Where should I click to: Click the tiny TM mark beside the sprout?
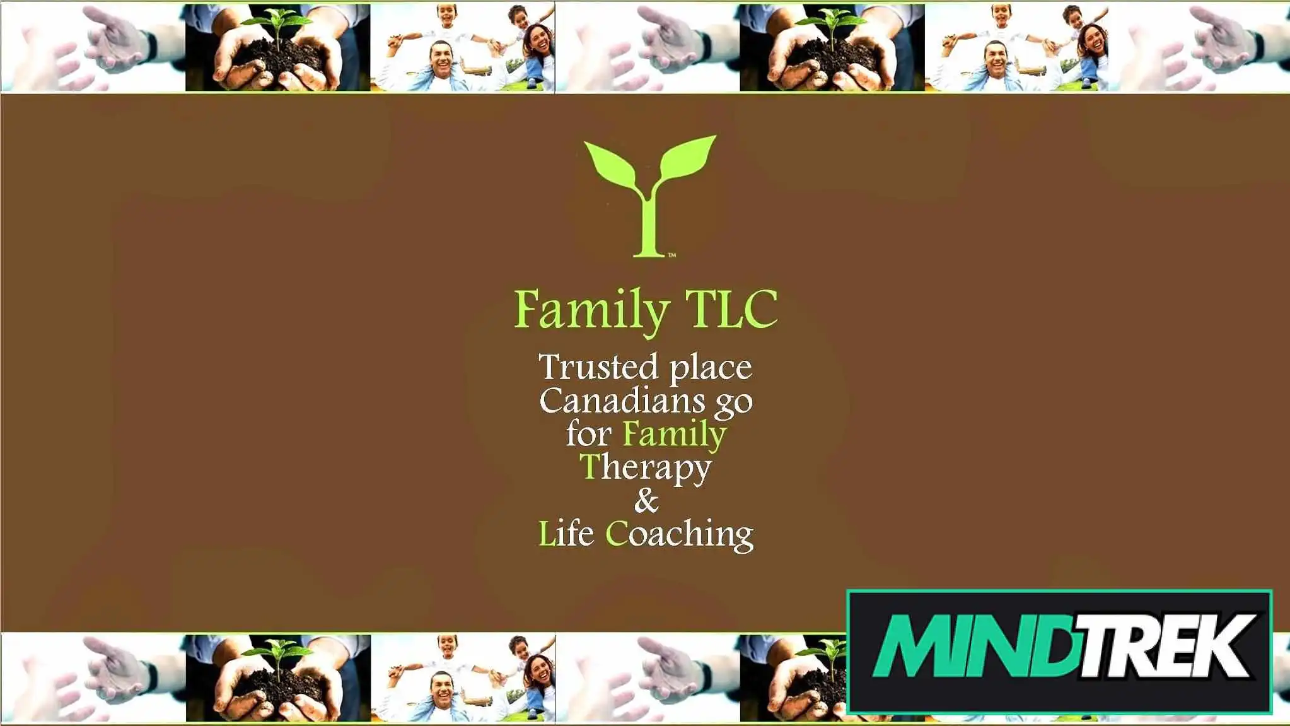(x=672, y=255)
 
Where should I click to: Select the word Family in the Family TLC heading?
(x=591, y=311)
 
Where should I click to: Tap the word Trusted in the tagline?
(x=598, y=367)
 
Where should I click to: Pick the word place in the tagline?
(x=711, y=369)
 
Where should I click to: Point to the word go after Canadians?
(x=733, y=404)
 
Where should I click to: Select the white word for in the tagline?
(x=589, y=433)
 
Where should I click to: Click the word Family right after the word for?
(x=674, y=436)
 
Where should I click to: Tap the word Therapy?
(x=646, y=469)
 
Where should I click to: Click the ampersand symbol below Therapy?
(x=646, y=501)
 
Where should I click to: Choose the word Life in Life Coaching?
(x=566, y=534)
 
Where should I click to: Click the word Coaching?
(x=679, y=536)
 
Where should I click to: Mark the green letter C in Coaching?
(x=616, y=534)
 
